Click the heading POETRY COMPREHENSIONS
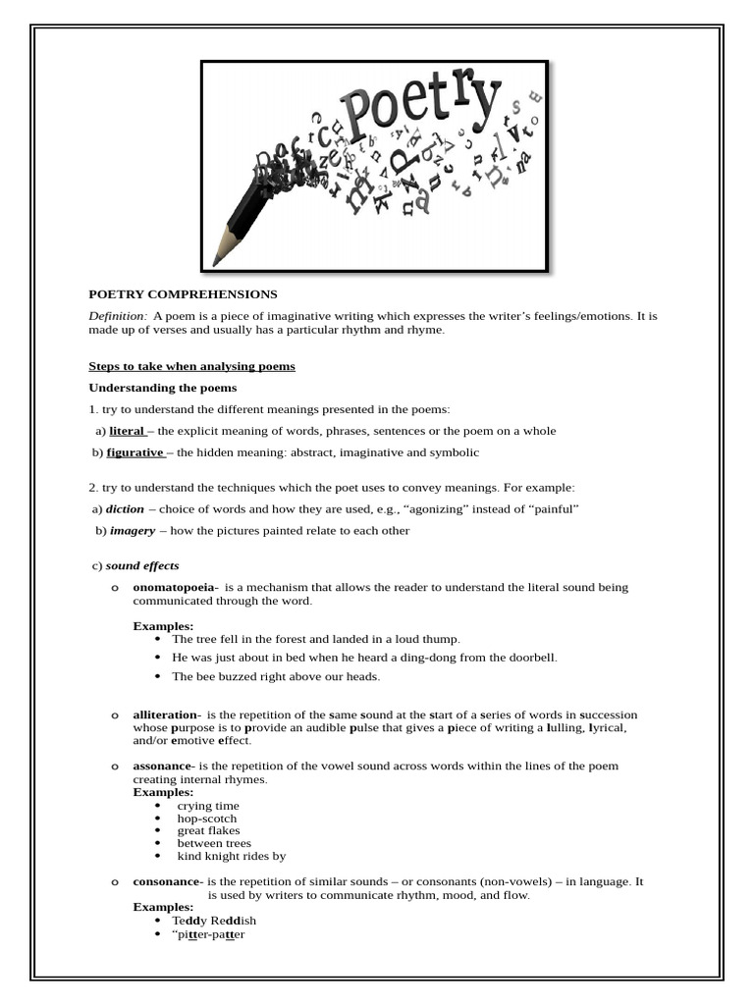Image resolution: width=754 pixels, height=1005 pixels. [184, 294]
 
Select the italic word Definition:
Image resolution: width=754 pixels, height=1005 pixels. [118, 316]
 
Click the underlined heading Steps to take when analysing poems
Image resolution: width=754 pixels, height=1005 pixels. [191, 366]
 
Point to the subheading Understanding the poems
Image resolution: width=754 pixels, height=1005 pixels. [162, 388]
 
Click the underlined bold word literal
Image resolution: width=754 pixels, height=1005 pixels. [126, 431]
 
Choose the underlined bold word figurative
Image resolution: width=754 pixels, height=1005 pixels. [135, 452]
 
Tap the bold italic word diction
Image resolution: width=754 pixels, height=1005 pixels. [125, 509]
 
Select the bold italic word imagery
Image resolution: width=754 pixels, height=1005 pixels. [132, 531]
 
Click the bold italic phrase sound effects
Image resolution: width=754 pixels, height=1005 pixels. [142, 566]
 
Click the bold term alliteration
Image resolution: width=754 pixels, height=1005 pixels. [167, 715]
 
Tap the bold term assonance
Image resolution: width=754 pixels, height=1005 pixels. [163, 767]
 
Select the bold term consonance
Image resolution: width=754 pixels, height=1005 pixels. [167, 882]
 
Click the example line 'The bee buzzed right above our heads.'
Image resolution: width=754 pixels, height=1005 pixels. [275, 676]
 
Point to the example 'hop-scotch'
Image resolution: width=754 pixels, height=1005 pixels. [206, 819]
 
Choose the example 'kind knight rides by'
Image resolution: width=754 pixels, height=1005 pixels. [231, 856]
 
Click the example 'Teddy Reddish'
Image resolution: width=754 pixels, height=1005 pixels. [214, 921]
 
